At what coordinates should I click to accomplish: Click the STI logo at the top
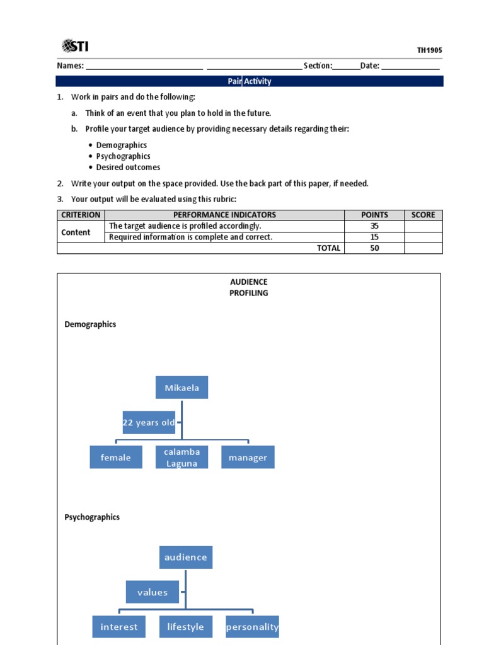(x=79, y=45)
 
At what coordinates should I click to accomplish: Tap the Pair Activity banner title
(x=250, y=81)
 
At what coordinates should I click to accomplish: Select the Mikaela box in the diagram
(x=181, y=387)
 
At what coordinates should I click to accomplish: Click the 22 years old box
(x=149, y=423)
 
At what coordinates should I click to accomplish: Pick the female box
(x=115, y=457)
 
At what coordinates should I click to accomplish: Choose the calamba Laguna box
(x=181, y=457)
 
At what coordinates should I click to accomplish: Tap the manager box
(x=248, y=457)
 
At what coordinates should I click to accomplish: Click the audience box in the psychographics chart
(x=185, y=557)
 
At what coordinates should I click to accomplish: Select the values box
(x=153, y=592)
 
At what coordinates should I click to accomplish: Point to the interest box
(x=119, y=627)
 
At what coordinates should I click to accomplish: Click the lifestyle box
(x=185, y=627)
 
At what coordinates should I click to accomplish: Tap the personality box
(x=252, y=627)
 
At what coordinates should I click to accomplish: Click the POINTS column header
(x=374, y=215)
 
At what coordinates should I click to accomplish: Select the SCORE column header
(x=423, y=215)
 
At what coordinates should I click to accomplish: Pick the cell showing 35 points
(x=374, y=226)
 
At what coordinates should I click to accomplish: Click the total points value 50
(x=374, y=248)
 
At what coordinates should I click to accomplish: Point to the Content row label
(x=76, y=232)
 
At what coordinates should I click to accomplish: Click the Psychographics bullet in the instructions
(x=124, y=156)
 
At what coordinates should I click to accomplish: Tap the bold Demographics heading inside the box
(x=90, y=324)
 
